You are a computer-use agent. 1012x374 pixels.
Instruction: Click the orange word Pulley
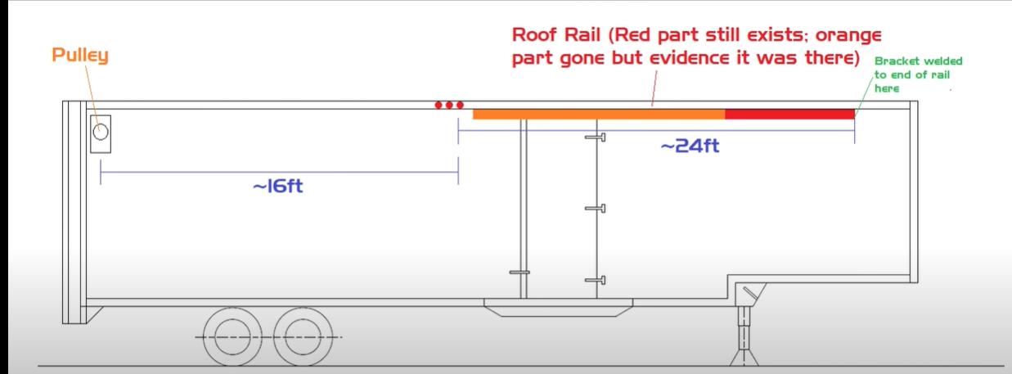(79, 56)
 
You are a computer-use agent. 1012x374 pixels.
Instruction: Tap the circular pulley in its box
(101, 132)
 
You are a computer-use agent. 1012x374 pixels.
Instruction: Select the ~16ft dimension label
(277, 186)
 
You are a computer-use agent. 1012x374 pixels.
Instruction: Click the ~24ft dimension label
(690, 146)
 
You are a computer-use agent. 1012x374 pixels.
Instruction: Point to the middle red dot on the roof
(449, 105)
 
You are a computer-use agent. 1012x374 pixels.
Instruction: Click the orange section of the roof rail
(598, 114)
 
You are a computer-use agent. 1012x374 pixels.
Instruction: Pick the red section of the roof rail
(789, 114)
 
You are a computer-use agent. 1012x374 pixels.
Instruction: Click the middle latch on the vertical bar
(596, 209)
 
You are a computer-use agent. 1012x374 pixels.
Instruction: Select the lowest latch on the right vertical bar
(596, 281)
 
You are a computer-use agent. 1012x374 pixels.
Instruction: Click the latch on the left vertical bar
(520, 272)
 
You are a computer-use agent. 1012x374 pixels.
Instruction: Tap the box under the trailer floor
(559, 308)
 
